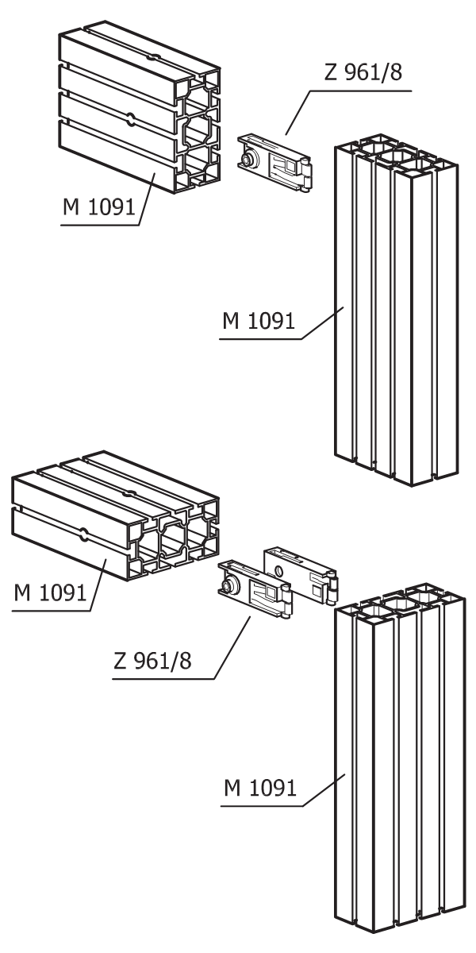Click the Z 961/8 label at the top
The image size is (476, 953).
click(363, 72)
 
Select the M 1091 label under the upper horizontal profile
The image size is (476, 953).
click(99, 206)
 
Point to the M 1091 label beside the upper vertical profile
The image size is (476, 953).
click(259, 320)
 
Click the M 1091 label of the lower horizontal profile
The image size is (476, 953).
click(50, 592)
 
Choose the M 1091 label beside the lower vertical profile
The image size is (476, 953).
click(260, 788)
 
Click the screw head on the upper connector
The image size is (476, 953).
click(247, 159)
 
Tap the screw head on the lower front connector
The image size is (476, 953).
click(228, 588)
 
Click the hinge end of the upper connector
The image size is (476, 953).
click(305, 175)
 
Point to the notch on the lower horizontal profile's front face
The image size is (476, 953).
click(85, 535)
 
